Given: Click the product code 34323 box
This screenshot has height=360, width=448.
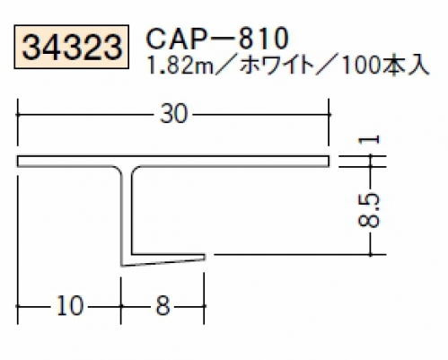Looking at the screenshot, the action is (72, 47).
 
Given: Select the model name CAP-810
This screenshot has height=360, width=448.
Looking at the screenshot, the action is (217, 39).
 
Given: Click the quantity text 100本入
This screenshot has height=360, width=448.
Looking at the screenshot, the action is (384, 66).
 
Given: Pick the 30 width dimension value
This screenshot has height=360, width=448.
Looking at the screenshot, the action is (173, 114).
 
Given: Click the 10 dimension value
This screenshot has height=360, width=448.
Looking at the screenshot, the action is (69, 306).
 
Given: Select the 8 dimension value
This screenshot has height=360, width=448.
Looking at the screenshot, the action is (163, 306).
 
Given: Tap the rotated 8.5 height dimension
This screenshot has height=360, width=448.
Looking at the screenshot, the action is (369, 210).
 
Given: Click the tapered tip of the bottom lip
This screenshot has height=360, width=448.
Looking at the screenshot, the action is (205, 257).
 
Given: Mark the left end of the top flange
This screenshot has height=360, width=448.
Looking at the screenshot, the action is (18, 161).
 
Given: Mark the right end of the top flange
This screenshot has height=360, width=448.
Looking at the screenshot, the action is (329, 161).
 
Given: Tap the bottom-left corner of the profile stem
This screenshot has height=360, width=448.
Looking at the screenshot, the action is (121, 266).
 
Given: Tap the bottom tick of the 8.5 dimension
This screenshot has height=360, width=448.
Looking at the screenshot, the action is (371, 255).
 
